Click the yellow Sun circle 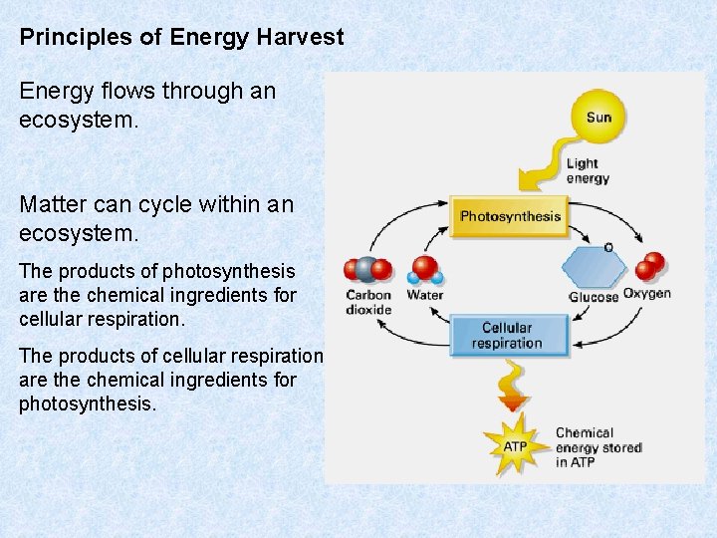pyautogui.click(x=598, y=118)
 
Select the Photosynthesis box pyautogui.click(x=509, y=215)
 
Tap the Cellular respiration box pyautogui.click(x=507, y=336)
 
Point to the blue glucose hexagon pyautogui.click(x=595, y=267)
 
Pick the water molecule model pyautogui.click(x=426, y=270)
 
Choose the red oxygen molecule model pyautogui.click(x=650, y=266)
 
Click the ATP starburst pyautogui.click(x=515, y=446)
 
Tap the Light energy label pyautogui.click(x=588, y=170)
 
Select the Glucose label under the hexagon pyautogui.click(x=594, y=297)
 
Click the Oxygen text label pyautogui.click(x=647, y=294)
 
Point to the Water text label pyautogui.click(x=425, y=295)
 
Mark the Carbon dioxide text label pyautogui.click(x=368, y=302)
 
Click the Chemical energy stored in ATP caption pyautogui.click(x=597, y=447)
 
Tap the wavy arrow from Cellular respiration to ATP pyautogui.click(x=511, y=383)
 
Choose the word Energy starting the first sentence pyautogui.click(x=52, y=91)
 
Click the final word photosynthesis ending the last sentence pyautogui.click(x=87, y=403)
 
